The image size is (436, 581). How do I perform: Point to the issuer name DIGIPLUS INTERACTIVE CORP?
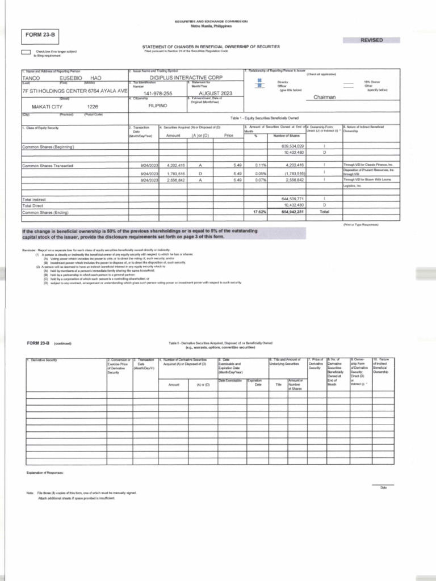[186, 77]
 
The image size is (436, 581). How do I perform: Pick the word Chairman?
[325, 98]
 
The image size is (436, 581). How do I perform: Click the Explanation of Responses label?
[45, 473]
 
